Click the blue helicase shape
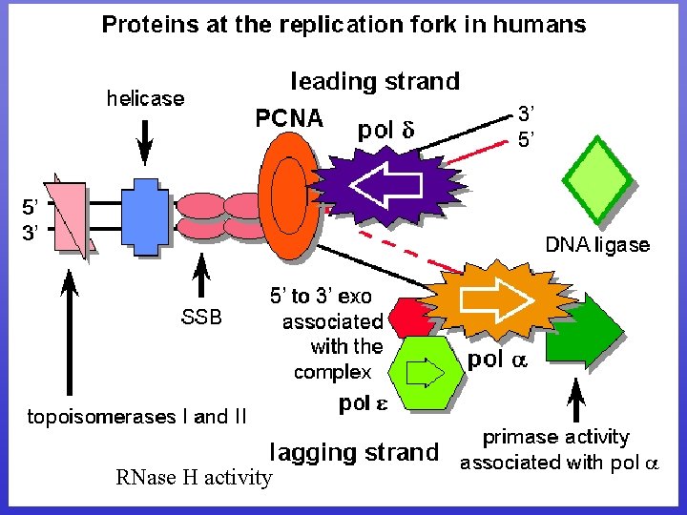click(x=145, y=217)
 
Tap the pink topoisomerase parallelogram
click(x=69, y=217)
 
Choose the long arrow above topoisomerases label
click(x=71, y=334)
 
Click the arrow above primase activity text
click(x=576, y=401)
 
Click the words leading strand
click(x=374, y=82)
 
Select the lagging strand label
click(x=354, y=451)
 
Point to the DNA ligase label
click(x=597, y=245)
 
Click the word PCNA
click(x=289, y=119)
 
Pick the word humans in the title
click(x=538, y=25)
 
